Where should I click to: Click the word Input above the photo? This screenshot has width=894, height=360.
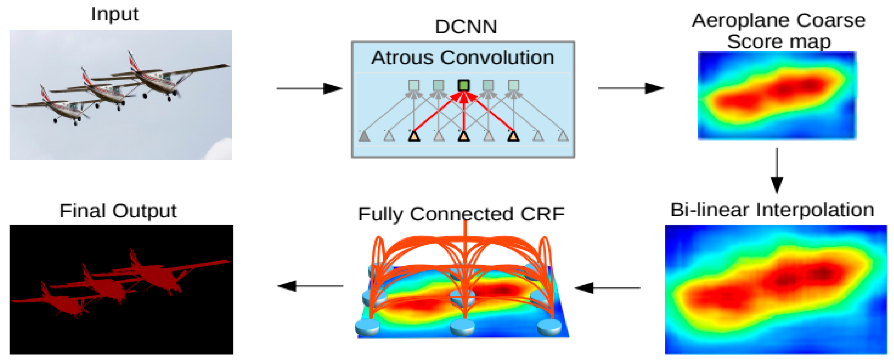(114, 15)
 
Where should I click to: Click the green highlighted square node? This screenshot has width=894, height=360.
(464, 85)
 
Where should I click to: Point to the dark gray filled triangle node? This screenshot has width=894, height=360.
(364, 136)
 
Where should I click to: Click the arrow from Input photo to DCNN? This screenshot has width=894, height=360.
(309, 89)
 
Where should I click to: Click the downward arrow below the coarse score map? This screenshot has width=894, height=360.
(777, 170)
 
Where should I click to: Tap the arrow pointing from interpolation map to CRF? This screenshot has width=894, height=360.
(607, 288)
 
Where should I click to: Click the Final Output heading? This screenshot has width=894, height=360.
(118, 211)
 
